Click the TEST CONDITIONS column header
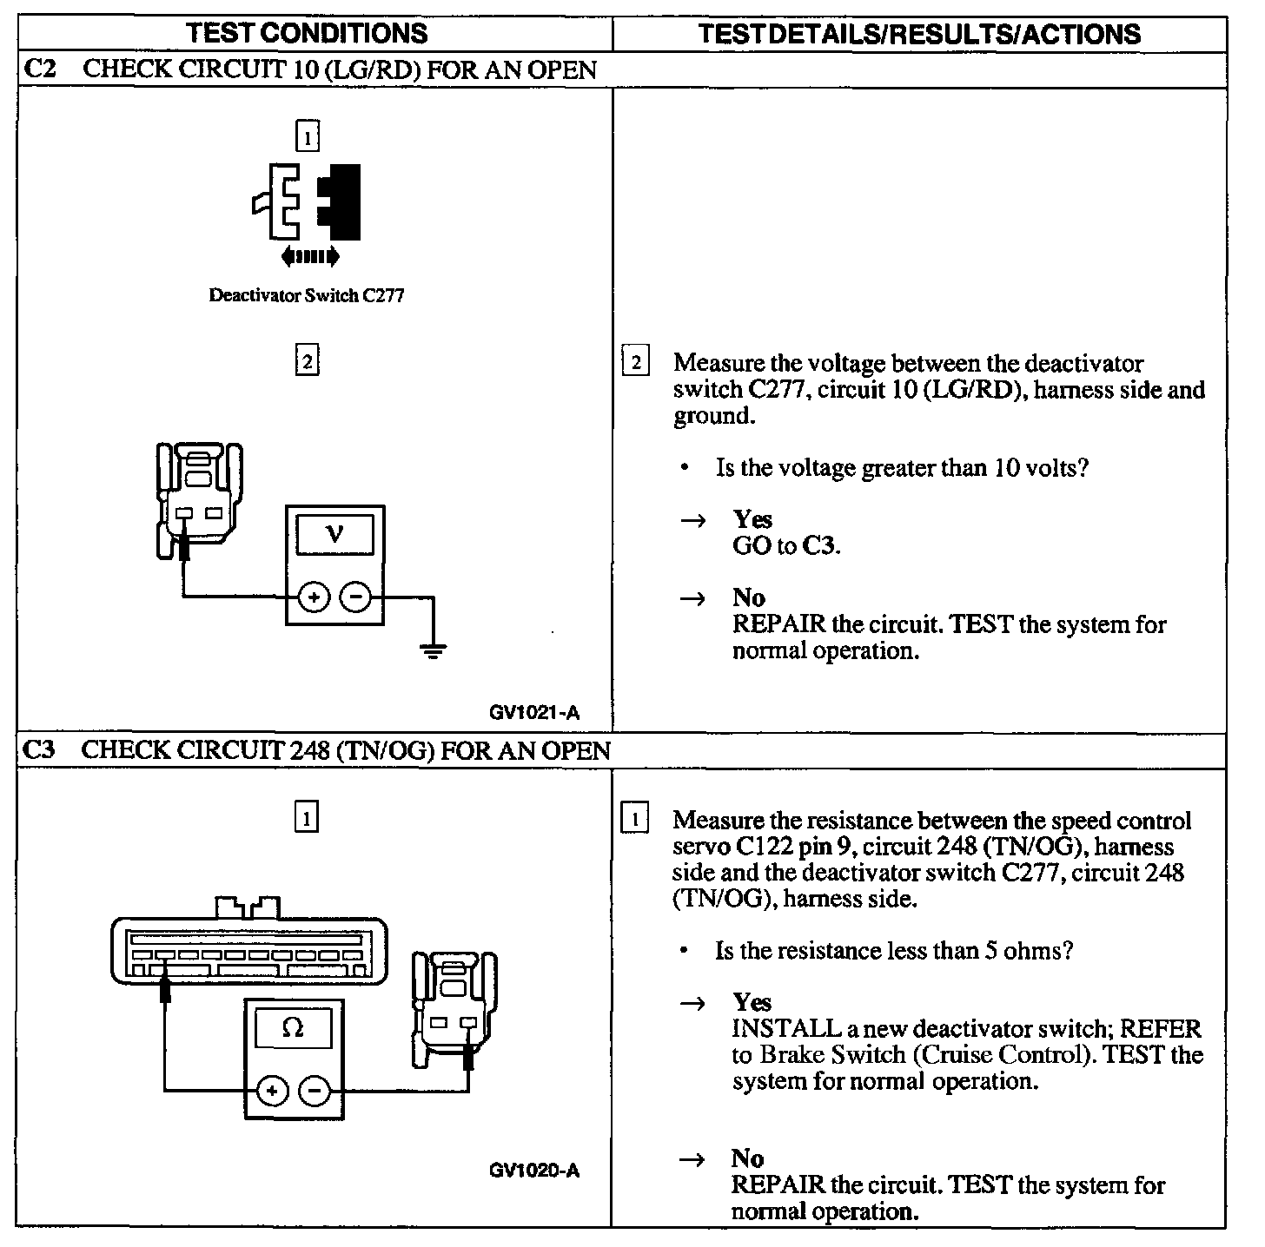tap(308, 33)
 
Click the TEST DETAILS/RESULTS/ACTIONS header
tap(919, 33)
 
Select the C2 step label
tap(38, 69)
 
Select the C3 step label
tap(38, 749)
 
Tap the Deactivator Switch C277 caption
tap(307, 295)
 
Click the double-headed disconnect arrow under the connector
tap(310, 256)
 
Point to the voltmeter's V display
tap(335, 534)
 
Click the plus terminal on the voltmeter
tap(314, 597)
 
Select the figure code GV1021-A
tap(534, 713)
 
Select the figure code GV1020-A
tap(534, 1171)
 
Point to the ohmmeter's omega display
tap(294, 1028)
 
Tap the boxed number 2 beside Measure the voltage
tap(636, 362)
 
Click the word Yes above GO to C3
tap(752, 519)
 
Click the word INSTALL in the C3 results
tap(783, 1029)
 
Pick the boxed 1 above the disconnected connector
tap(308, 136)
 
